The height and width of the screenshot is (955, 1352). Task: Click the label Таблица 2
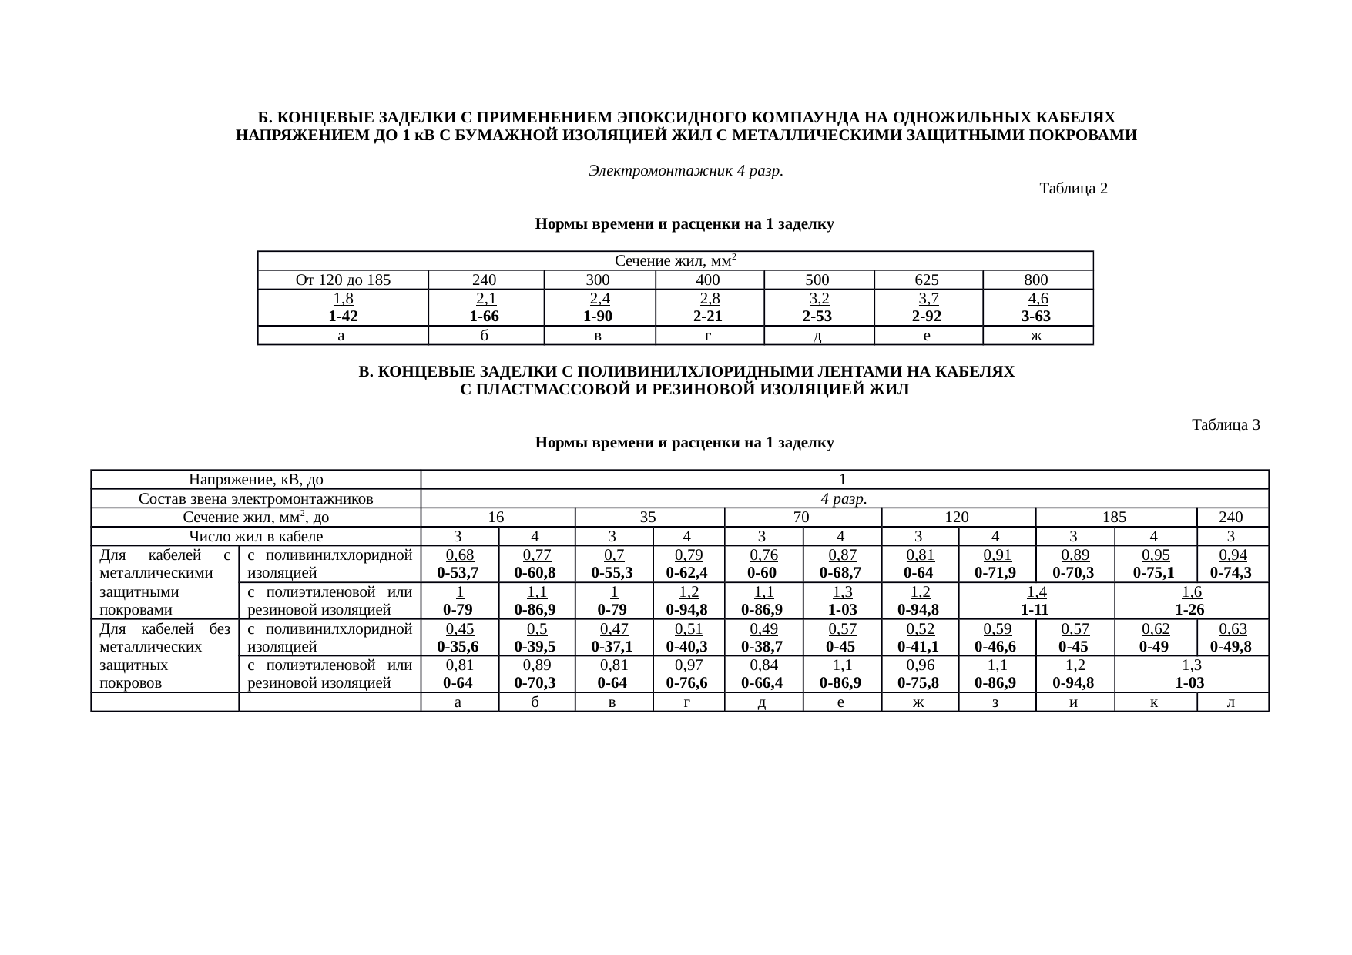point(1073,189)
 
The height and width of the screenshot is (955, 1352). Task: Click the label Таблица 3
point(1225,425)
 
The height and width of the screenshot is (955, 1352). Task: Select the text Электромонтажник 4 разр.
point(686,171)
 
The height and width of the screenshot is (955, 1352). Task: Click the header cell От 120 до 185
point(343,280)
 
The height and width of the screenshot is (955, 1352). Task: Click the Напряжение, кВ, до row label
point(256,481)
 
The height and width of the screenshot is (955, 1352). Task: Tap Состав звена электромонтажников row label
point(256,499)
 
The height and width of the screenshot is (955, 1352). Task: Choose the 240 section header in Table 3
point(1231,518)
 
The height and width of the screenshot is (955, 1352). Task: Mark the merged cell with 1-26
point(1190,610)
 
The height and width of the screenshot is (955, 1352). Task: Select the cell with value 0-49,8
point(1231,646)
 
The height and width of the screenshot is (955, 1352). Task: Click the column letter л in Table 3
point(1231,702)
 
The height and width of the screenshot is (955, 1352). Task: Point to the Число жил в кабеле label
point(256,537)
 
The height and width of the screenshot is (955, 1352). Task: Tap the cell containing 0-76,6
point(687,683)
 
